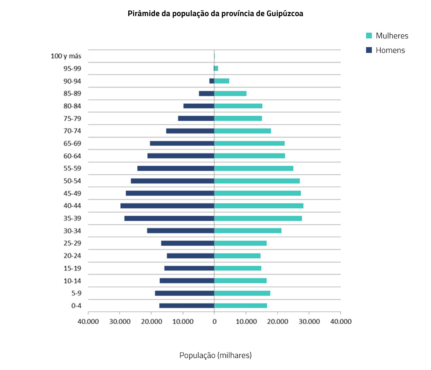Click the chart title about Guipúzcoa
tap(215, 14)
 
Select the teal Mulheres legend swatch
tap(369, 36)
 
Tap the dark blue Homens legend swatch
tap(369, 50)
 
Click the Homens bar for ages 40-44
tap(167, 206)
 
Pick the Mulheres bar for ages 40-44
tap(259, 206)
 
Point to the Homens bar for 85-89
tap(206, 93)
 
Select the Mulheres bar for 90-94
tap(222, 81)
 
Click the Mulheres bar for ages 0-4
tap(240, 306)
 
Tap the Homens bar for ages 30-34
tap(180, 231)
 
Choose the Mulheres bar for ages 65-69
tap(249, 143)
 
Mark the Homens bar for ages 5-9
tap(184, 293)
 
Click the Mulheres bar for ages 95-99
tap(216, 68)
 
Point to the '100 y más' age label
tap(66, 56)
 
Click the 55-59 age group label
tap(72, 168)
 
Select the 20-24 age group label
tap(72, 255)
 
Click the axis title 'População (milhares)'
tap(215, 355)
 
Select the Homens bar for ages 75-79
tap(196, 118)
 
